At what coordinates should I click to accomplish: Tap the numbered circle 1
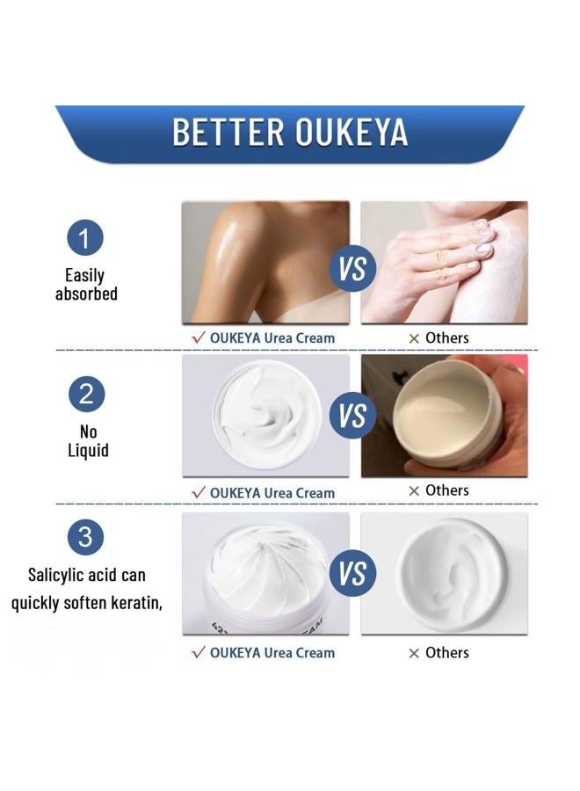click(x=85, y=238)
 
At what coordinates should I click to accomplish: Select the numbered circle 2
click(x=85, y=393)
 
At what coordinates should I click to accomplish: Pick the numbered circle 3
click(x=85, y=536)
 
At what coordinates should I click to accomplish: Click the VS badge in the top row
click(x=352, y=268)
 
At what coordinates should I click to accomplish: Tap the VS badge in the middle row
click(x=352, y=415)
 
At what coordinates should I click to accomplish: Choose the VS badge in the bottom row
click(x=352, y=575)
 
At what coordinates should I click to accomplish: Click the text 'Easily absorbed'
click(x=86, y=285)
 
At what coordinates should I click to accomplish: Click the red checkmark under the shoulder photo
click(x=198, y=337)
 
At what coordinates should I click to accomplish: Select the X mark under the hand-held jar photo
click(x=414, y=490)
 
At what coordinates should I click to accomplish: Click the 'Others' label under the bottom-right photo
click(x=446, y=652)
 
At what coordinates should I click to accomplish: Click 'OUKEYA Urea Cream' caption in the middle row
click(x=272, y=493)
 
